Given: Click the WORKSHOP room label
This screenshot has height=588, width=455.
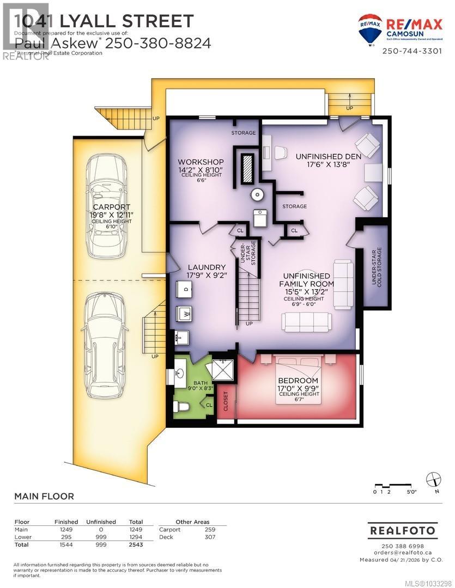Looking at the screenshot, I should [201, 162].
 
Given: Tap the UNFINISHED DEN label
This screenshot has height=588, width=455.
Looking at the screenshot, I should [328, 156].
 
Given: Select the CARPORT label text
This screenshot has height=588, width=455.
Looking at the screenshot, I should [111, 207].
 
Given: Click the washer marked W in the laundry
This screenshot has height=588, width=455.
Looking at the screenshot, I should [184, 315].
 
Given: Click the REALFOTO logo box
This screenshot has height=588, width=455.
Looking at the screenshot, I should [403, 530].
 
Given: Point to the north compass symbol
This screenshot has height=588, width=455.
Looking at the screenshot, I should [433, 479].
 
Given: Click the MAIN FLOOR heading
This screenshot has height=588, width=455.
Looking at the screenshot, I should [44, 496].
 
